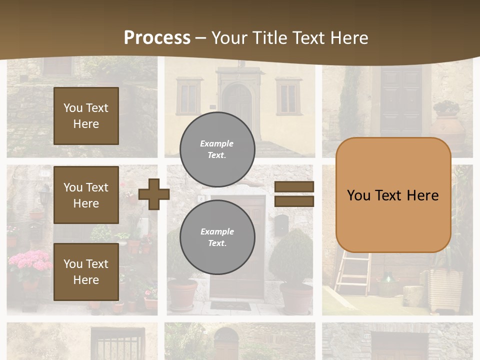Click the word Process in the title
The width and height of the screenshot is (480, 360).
[157, 37]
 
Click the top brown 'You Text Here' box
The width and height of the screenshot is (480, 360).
[86, 116]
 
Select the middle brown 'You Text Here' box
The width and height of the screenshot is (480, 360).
[86, 195]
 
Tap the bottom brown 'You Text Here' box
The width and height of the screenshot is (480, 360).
[86, 272]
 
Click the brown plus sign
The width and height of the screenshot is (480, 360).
[153, 193]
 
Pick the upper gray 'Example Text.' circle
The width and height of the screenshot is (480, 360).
[217, 149]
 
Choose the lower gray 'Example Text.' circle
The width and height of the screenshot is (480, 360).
[217, 237]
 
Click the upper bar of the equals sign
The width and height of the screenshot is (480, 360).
[294, 187]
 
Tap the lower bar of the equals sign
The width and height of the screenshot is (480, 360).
[294, 201]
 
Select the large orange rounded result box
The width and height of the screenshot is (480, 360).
[393, 195]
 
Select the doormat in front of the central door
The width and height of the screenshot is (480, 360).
[230, 305]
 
